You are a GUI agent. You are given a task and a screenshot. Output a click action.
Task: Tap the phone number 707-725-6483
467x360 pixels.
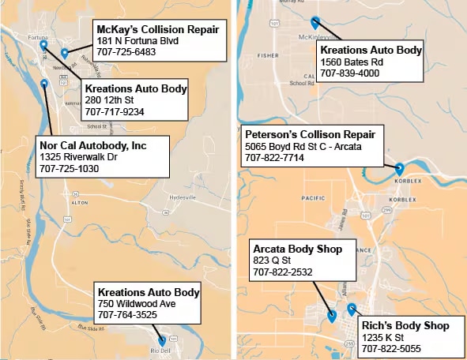click(126, 52)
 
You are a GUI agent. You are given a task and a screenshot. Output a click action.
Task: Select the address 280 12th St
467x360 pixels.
click(109, 100)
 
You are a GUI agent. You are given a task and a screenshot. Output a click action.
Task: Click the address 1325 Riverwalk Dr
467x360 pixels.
click(78, 157)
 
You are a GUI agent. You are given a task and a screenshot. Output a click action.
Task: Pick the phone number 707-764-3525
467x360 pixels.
click(127, 314)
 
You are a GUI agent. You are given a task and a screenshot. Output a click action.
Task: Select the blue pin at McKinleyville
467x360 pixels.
click(315, 23)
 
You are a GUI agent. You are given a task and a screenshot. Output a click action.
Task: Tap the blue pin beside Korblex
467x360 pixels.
click(399, 168)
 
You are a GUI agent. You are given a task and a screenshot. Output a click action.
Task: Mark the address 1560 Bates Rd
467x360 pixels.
click(351, 62)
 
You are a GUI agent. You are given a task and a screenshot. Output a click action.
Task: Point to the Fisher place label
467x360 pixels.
click(269, 55)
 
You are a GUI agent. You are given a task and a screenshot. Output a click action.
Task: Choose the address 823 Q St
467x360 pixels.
click(273, 261)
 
